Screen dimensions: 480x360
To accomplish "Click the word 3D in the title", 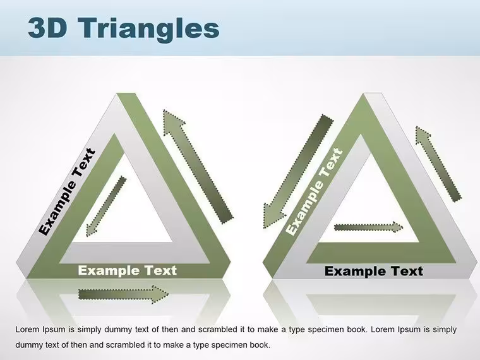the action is click(47, 28).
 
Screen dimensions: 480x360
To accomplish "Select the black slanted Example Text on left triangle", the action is click(67, 191).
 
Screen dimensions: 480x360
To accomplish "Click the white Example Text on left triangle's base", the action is click(128, 270).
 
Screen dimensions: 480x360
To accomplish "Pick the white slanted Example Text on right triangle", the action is click(314, 191).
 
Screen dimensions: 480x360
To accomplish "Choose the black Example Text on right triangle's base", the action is click(374, 271).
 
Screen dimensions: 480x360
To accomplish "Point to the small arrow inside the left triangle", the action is click(106, 206).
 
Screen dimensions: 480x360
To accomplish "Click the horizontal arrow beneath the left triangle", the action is click(123, 294).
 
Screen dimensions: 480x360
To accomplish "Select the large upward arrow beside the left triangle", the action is click(198, 166).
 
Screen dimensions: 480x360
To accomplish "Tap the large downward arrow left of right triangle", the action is click(298, 171).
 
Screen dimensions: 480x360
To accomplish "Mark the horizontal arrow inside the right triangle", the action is click(369, 227).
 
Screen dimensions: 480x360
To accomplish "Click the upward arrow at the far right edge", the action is click(438, 164).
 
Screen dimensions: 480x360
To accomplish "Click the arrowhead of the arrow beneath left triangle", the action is click(160, 294).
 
